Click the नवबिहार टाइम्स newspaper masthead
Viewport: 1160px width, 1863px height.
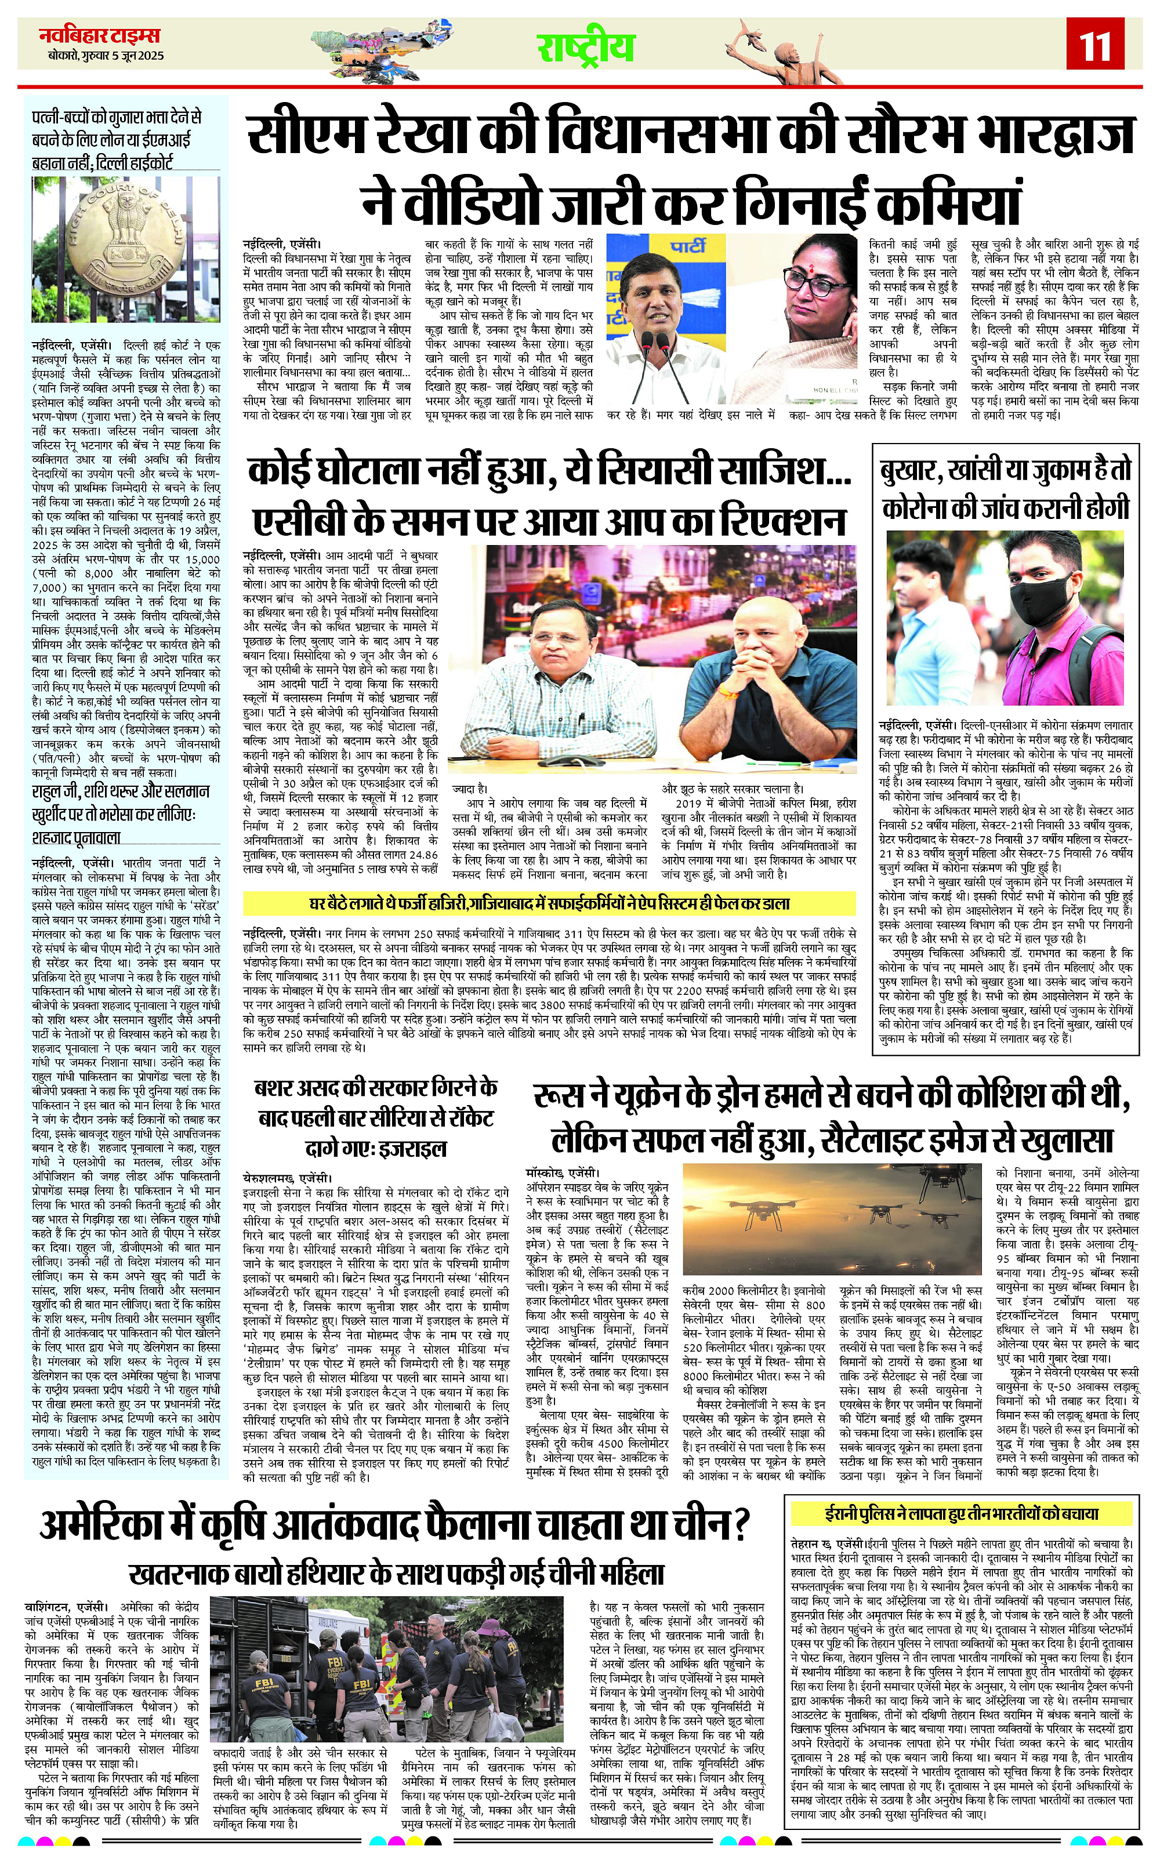coord(100,35)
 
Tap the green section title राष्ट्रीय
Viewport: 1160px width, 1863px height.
coord(585,48)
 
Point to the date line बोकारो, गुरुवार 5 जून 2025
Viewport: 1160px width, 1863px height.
coord(104,56)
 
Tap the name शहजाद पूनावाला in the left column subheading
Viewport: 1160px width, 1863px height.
coord(77,838)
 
